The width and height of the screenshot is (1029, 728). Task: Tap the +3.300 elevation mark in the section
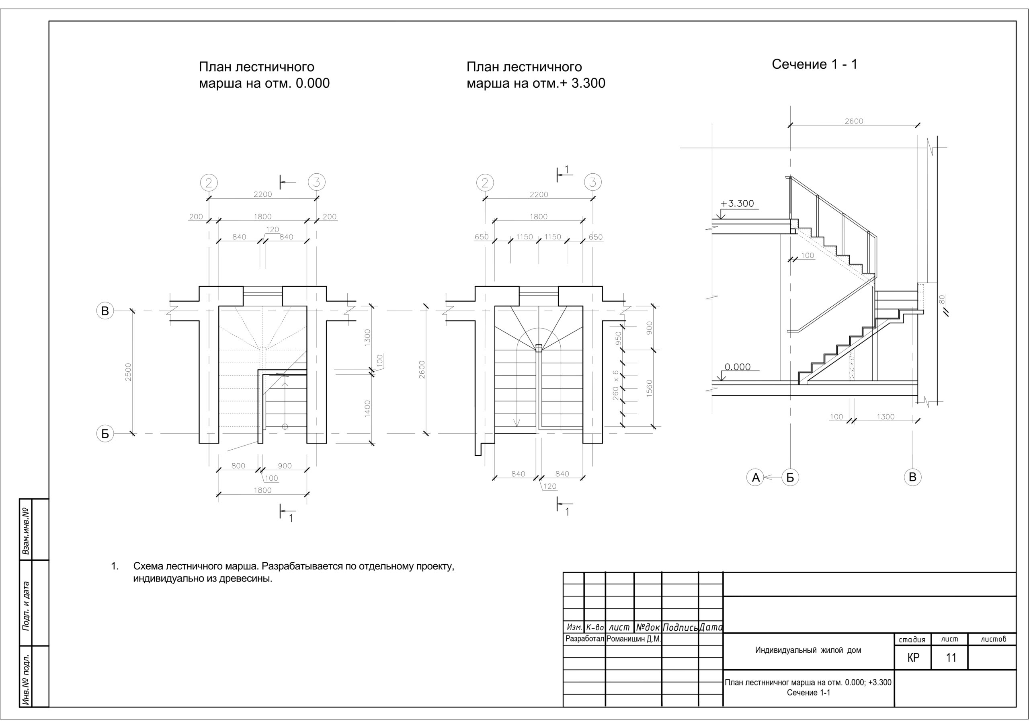[x=737, y=203]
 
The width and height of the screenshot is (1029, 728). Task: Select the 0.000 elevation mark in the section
[x=737, y=367]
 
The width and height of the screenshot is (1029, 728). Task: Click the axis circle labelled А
[x=756, y=477]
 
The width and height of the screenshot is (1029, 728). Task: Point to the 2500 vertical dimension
[x=129, y=372]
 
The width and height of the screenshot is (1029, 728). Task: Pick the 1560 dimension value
[x=650, y=389]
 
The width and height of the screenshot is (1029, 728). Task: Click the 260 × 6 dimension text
[x=616, y=385]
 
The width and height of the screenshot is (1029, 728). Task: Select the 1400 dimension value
[x=367, y=409]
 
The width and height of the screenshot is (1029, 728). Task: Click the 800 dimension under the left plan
[x=238, y=466]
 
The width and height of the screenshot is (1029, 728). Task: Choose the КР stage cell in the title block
[x=913, y=658]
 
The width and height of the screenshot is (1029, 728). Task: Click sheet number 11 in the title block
[x=951, y=658]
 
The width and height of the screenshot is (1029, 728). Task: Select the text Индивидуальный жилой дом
[x=808, y=650]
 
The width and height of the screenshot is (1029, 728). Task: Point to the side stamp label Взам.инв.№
[x=26, y=531]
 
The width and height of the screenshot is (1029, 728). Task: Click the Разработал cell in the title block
[x=585, y=639]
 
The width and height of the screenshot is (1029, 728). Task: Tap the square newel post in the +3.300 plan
[x=539, y=347]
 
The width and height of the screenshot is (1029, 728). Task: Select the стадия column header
[x=912, y=639]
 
